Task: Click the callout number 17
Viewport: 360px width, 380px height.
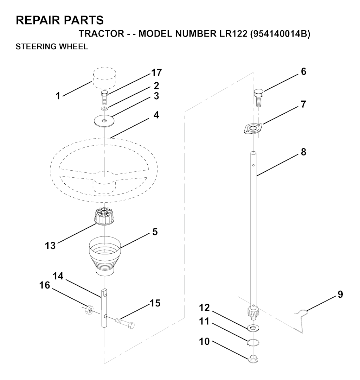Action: (156, 72)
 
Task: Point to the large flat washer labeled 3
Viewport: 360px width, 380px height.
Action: (104, 121)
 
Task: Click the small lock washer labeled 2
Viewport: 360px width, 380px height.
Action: (104, 108)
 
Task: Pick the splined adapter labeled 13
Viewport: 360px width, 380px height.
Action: (104, 216)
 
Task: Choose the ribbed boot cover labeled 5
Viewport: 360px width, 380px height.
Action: (104, 256)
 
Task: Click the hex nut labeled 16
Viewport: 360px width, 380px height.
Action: (89, 310)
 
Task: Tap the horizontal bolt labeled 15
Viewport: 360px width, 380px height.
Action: (125, 323)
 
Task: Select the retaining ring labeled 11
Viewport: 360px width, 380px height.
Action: (253, 343)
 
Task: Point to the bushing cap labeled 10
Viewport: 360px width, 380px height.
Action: (253, 358)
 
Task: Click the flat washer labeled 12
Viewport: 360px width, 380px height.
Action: (253, 328)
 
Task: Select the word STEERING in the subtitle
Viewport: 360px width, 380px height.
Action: (36, 46)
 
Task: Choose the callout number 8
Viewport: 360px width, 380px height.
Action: (303, 152)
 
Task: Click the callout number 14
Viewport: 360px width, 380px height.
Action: (58, 276)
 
